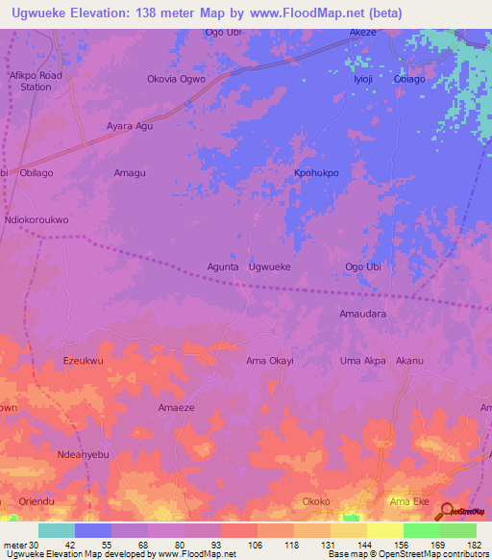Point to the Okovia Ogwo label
pyautogui.click(x=176, y=79)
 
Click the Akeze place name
pyautogui.click(x=363, y=32)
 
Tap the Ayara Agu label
pyautogui.click(x=130, y=125)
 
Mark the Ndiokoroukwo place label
pyautogui.click(x=37, y=219)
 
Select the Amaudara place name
pyautogui.click(x=363, y=314)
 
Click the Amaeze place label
pyautogui.click(x=177, y=408)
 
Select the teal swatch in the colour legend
pyautogui.click(x=57, y=530)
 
